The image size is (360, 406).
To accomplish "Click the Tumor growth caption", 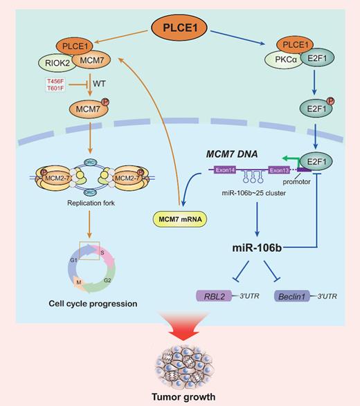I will (x=179, y=398).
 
